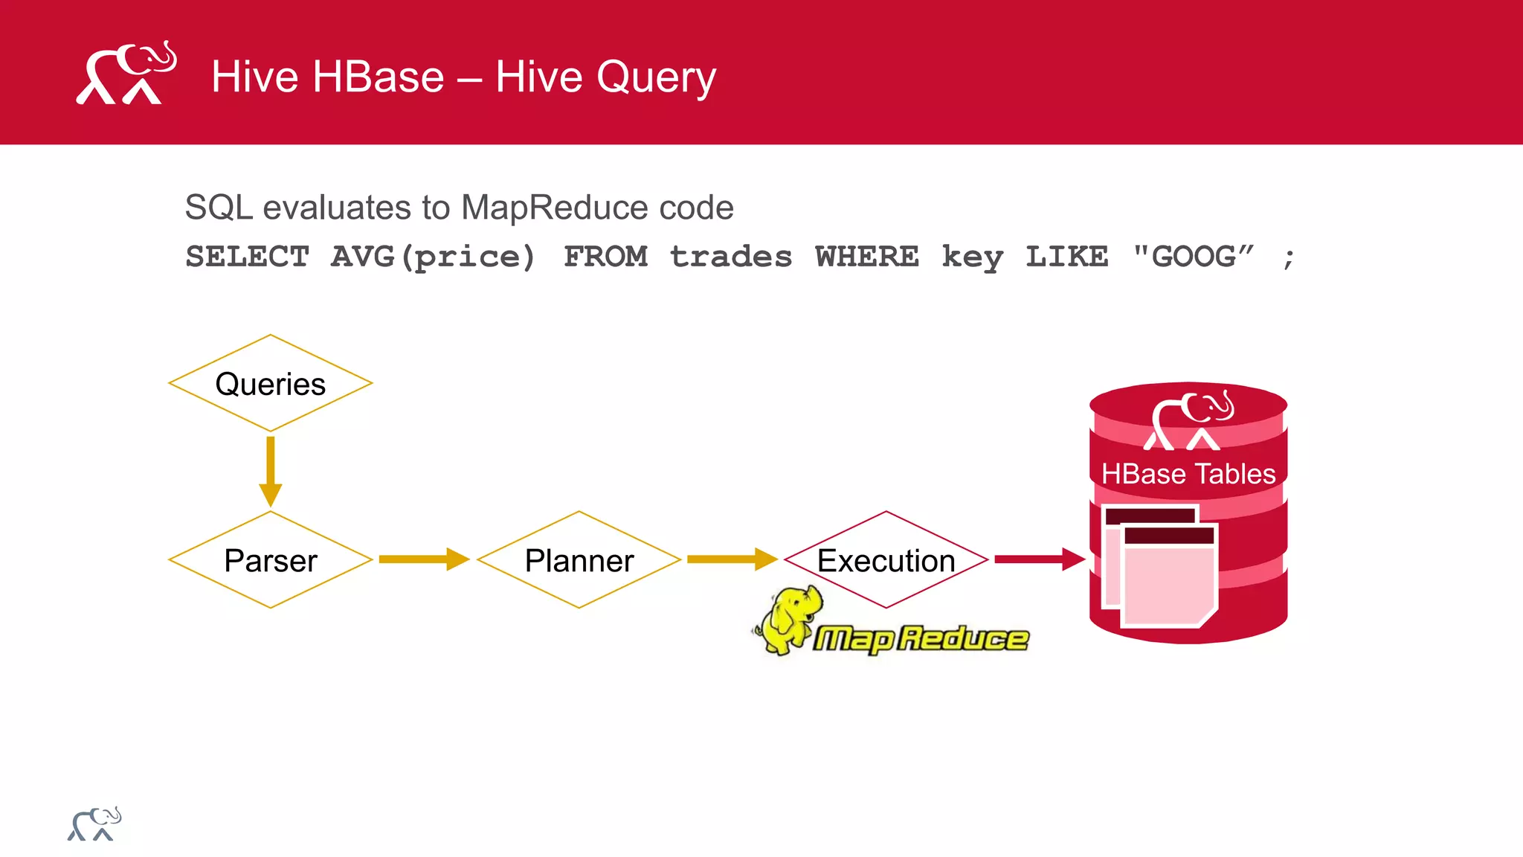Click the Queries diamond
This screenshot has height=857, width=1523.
(x=270, y=384)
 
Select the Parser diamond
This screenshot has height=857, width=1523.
(x=270, y=560)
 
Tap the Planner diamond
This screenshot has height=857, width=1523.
(x=579, y=560)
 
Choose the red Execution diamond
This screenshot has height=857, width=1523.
(x=886, y=560)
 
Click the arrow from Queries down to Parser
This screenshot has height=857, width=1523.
(x=270, y=470)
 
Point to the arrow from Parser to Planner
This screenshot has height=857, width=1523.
(x=422, y=559)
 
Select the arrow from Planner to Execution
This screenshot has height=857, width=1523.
(x=730, y=559)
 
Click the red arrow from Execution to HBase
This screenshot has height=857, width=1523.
(x=1038, y=559)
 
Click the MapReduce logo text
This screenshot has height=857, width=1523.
(x=921, y=638)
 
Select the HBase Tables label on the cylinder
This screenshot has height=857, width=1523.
(x=1188, y=474)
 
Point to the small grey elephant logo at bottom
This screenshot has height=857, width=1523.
(x=94, y=824)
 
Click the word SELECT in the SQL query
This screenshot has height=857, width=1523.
(x=247, y=257)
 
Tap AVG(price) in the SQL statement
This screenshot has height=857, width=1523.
(x=433, y=257)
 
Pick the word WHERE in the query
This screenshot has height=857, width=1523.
(x=866, y=257)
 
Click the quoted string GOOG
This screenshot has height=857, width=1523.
(x=1194, y=257)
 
